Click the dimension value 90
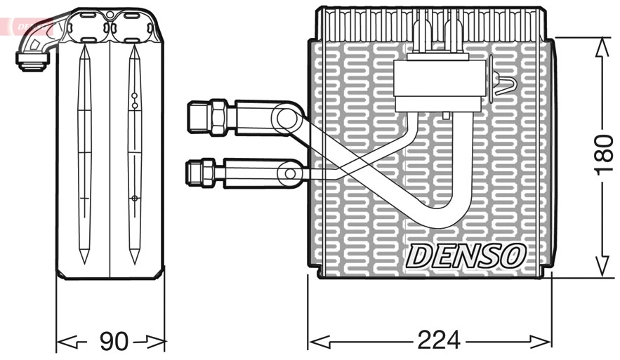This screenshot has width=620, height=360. (x=113, y=342)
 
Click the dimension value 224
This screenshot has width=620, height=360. (x=439, y=340)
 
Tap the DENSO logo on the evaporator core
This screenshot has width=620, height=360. (x=464, y=256)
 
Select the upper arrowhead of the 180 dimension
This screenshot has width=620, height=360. (x=600, y=46)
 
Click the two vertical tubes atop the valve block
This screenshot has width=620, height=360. (x=436, y=35)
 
